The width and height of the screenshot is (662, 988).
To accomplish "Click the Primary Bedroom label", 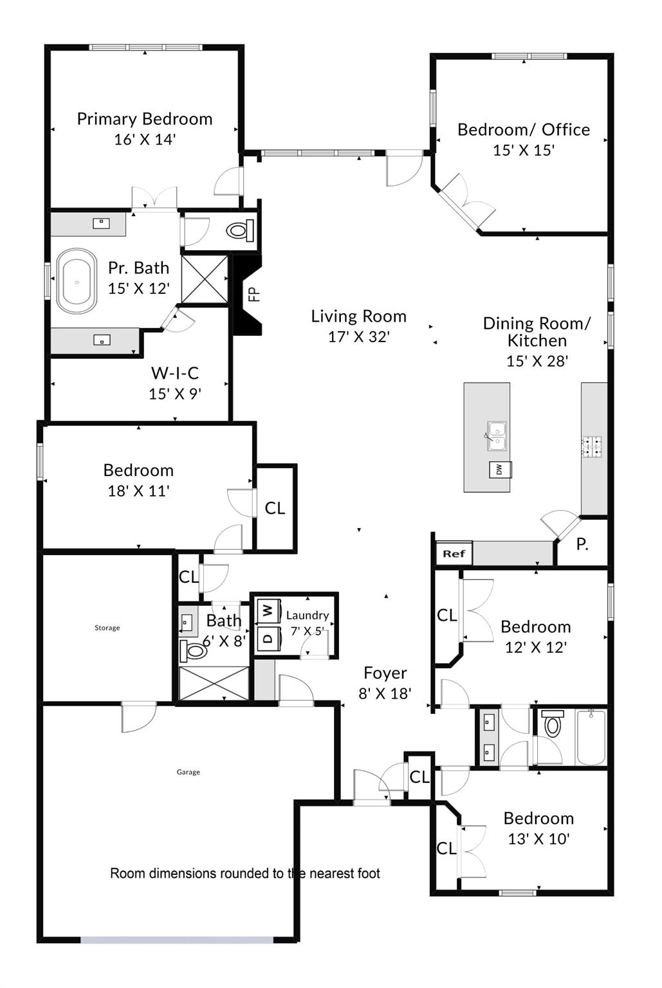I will tap(144, 119).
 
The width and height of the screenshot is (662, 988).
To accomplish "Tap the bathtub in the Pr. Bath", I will tap(77, 282).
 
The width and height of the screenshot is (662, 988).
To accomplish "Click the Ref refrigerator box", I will tap(454, 553).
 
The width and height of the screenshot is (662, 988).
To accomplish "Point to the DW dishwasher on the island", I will tap(499, 470).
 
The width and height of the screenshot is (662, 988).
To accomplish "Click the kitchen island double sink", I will tap(497, 435).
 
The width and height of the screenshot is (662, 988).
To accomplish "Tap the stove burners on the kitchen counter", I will tap(593, 447).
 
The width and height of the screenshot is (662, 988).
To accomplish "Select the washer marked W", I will tap(268, 610).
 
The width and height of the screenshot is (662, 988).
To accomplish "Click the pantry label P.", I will tap(582, 545).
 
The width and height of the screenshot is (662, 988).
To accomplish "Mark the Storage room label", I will tap(107, 628).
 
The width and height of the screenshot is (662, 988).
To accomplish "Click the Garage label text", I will tap(188, 772).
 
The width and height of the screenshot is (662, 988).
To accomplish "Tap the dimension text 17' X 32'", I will tap(358, 336).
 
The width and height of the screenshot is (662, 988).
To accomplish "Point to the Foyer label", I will tap(385, 673).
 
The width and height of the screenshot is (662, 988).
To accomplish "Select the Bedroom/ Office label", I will tap(523, 130).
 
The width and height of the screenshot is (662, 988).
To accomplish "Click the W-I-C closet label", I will tap(174, 373).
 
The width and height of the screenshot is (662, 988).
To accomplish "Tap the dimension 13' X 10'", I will tap(538, 839).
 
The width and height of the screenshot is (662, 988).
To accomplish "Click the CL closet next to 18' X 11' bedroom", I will tap(275, 508).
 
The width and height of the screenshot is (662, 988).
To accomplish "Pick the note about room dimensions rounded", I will tap(244, 874).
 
